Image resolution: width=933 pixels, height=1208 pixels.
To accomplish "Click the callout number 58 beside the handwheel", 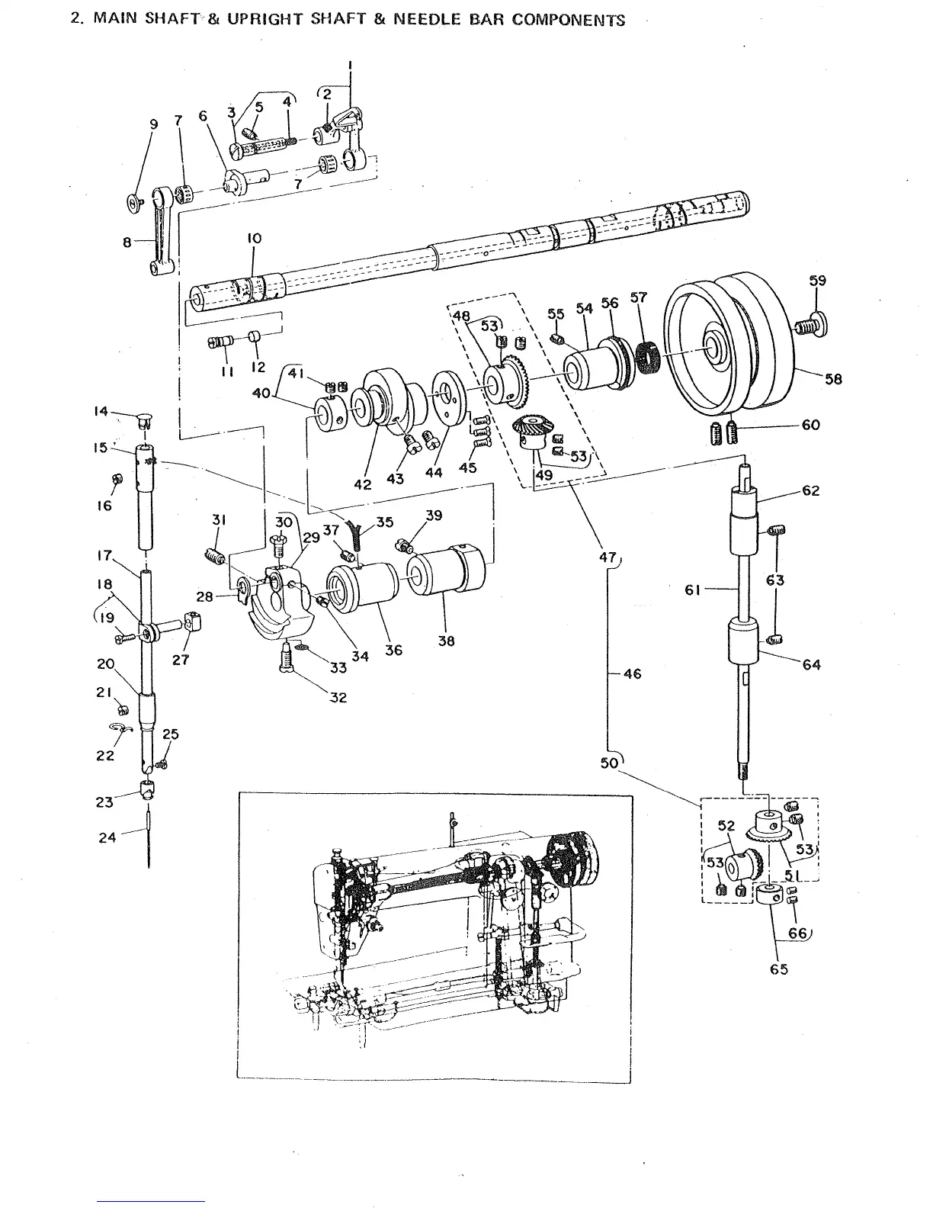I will point(833,379).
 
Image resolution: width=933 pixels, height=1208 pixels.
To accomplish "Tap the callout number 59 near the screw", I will point(817,281).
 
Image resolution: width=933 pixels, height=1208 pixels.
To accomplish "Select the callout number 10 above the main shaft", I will point(254,239).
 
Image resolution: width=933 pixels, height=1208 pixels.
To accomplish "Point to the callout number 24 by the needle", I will point(107,837).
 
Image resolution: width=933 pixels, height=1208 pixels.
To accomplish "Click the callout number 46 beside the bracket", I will point(632,673).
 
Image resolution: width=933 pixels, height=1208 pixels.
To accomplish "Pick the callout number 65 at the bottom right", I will point(778,969).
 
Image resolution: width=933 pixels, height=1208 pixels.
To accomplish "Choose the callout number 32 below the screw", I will point(338,697).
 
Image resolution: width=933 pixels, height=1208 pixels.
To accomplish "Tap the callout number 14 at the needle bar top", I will point(101,411).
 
